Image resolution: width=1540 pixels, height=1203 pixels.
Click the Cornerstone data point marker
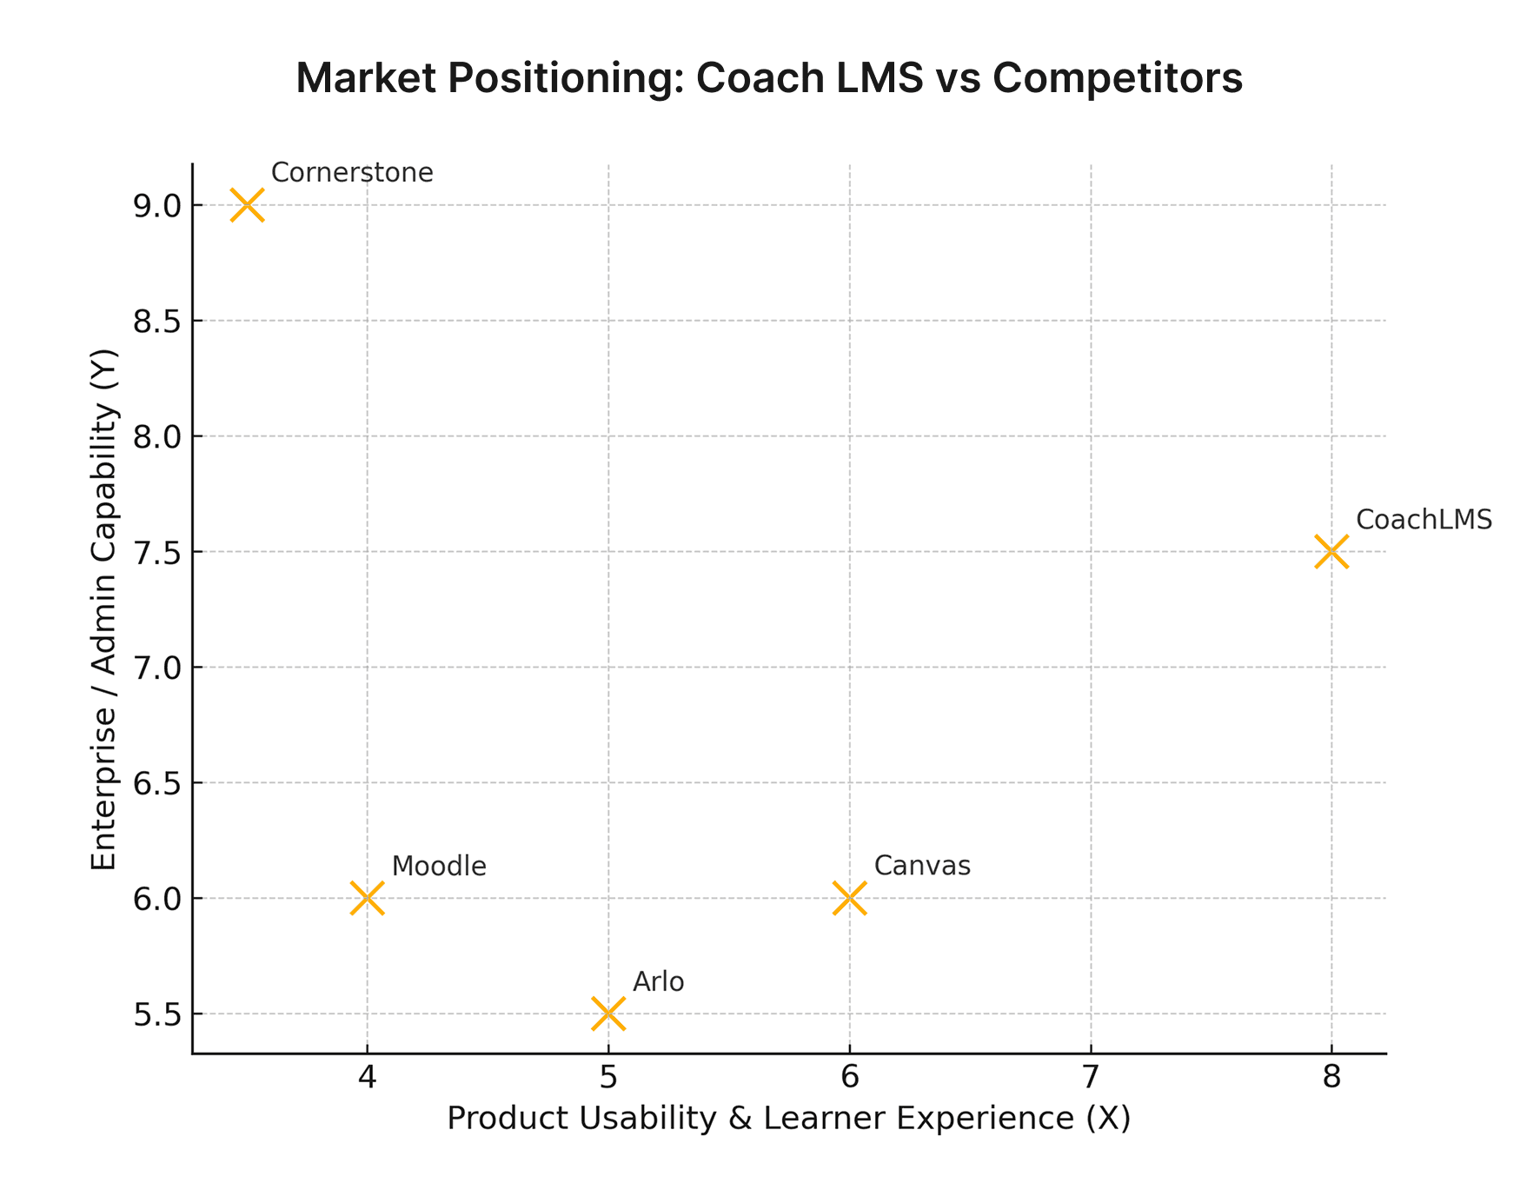click(x=247, y=205)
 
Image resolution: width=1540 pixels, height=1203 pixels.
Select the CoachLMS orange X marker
click(x=1331, y=551)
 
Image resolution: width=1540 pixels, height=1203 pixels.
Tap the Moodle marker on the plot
click(x=367, y=898)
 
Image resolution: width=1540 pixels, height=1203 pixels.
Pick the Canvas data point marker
click(x=849, y=898)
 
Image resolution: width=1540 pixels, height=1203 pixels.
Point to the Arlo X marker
click(x=607, y=1014)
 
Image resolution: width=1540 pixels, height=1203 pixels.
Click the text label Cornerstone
click(x=352, y=172)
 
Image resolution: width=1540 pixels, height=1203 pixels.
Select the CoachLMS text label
click(x=1424, y=520)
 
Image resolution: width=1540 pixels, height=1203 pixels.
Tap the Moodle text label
click(x=439, y=866)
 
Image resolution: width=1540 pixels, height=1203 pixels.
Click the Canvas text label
click(x=922, y=866)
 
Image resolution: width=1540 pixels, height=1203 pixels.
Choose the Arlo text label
click(x=658, y=982)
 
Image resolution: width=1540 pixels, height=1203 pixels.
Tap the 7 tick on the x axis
click(x=1090, y=1078)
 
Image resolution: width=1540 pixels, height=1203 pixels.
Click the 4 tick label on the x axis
click(x=367, y=1078)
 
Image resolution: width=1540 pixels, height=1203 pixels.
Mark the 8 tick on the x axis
click(x=1331, y=1078)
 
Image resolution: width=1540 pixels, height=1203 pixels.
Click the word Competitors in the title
click(x=1118, y=78)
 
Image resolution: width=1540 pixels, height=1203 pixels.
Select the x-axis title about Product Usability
click(x=788, y=1118)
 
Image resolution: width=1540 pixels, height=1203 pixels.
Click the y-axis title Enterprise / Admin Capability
click(x=104, y=608)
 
